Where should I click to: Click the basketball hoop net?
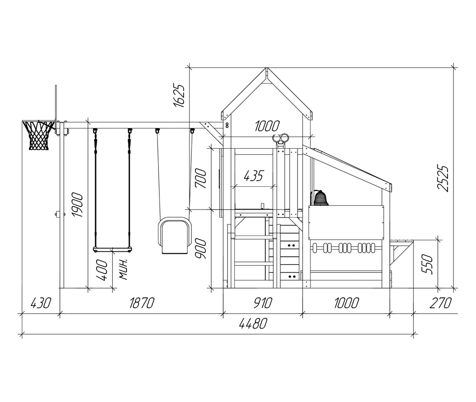(x=39, y=135)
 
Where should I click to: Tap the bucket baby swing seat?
(x=174, y=235)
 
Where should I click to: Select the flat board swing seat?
(x=113, y=250)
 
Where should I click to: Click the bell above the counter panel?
(x=320, y=199)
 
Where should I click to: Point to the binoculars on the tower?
(x=280, y=139)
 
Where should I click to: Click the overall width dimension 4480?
(x=253, y=324)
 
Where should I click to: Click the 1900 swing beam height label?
(x=77, y=204)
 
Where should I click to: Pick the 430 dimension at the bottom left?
(x=41, y=303)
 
